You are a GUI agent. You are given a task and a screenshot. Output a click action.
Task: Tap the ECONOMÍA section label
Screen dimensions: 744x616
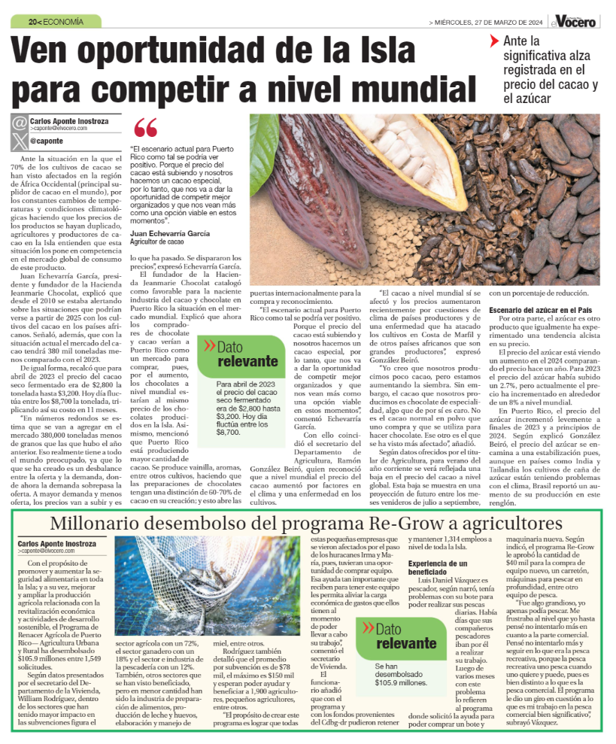[x=64, y=22]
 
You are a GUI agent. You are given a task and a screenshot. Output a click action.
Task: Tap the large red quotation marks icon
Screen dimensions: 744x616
[x=146, y=129]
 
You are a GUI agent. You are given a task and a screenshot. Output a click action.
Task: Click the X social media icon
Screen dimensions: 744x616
[x=19, y=140]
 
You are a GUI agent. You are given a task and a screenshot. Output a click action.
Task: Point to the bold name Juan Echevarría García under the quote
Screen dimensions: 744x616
[x=169, y=233]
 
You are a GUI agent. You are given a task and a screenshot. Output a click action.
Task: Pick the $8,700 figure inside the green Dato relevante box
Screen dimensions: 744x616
[x=227, y=433]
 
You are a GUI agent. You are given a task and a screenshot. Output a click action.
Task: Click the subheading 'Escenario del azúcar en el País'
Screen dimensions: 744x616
[x=542, y=309]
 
